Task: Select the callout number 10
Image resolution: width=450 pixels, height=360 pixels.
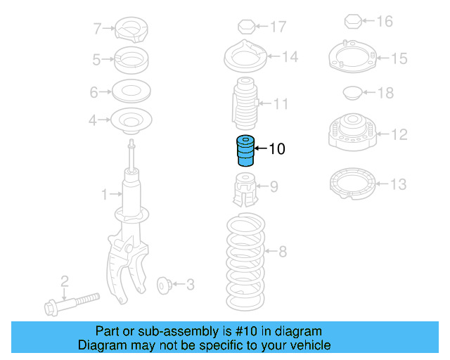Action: pyautogui.click(x=276, y=149)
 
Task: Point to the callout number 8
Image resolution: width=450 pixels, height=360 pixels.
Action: pyautogui.click(x=283, y=251)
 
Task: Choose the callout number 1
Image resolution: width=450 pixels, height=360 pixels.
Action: pyautogui.click(x=103, y=194)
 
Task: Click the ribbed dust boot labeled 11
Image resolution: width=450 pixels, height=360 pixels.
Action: pyautogui.click(x=245, y=105)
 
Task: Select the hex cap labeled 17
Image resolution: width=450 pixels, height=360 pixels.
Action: pyautogui.click(x=245, y=27)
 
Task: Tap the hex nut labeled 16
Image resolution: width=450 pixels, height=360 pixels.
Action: pyautogui.click(x=354, y=22)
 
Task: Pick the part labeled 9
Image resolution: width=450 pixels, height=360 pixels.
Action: pyautogui.click(x=244, y=191)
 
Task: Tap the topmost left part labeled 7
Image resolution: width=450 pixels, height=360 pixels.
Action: pyautogui.click(x=131, y=30)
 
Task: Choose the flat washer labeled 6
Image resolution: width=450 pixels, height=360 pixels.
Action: pyautogui.click(x=131, y=91)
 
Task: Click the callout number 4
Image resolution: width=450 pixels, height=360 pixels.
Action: pyautogui.click(x=93, y=121)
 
